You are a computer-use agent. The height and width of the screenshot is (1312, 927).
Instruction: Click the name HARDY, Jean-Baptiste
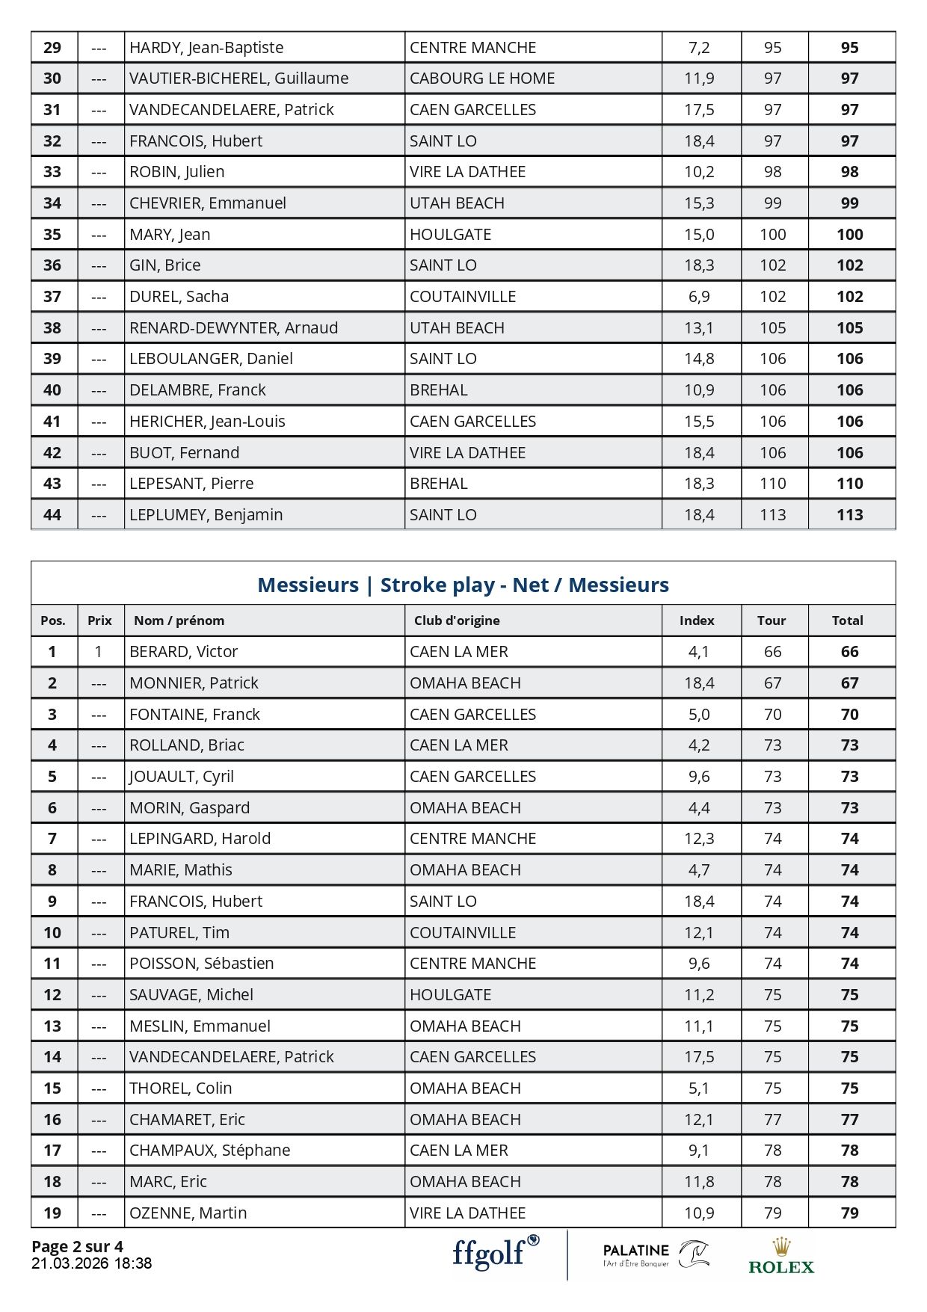pos(206,48)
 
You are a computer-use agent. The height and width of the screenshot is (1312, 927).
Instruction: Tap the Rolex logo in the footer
pos(781,1257)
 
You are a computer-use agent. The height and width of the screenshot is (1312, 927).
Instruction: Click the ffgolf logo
pos(495,1252)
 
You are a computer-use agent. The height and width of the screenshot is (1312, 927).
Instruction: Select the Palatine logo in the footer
pos(656,1254)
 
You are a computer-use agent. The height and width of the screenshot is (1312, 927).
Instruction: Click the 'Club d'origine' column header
pos(457,620)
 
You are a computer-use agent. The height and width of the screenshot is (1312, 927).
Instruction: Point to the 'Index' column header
pos(697,620)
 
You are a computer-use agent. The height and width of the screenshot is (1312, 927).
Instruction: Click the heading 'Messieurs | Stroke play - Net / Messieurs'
pos(463,585)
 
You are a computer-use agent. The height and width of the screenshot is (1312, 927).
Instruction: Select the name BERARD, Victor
pos(183,652)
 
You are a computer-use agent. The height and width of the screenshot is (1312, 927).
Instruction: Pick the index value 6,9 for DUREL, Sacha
pos(699,297)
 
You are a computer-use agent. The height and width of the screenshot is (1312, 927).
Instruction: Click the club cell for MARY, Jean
pos(450,235)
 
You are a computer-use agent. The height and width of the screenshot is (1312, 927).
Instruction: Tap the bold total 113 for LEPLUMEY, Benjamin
pos(849,515)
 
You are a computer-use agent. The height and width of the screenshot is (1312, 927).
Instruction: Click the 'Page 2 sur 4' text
pos(77,1246)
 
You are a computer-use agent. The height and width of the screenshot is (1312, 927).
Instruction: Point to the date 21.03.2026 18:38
pos(91,1263)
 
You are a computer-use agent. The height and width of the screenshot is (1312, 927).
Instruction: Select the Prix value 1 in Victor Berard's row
pos(99,652)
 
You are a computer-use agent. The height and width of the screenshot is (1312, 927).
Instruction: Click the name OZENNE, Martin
pos(188,1213)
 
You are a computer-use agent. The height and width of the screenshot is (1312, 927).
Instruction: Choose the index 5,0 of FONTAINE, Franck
pos(699,715)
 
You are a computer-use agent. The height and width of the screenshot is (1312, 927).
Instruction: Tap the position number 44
pos(52,515)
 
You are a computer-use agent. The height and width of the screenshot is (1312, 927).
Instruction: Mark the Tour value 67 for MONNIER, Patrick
pos(772,683)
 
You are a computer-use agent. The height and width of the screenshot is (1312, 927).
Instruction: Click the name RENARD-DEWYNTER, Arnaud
pos(233,328)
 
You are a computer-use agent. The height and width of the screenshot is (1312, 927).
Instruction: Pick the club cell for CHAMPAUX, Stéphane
pos(458,1151)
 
